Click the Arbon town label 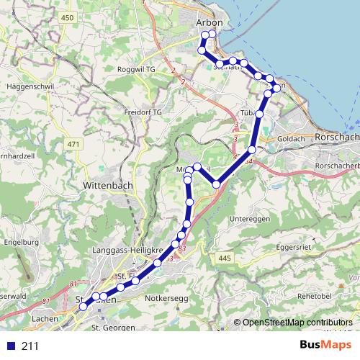(209, 23)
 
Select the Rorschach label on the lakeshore (336, 137)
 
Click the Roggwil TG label (136, 69)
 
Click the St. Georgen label (113, 328)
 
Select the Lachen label (44, 317)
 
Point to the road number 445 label (225, 258)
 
